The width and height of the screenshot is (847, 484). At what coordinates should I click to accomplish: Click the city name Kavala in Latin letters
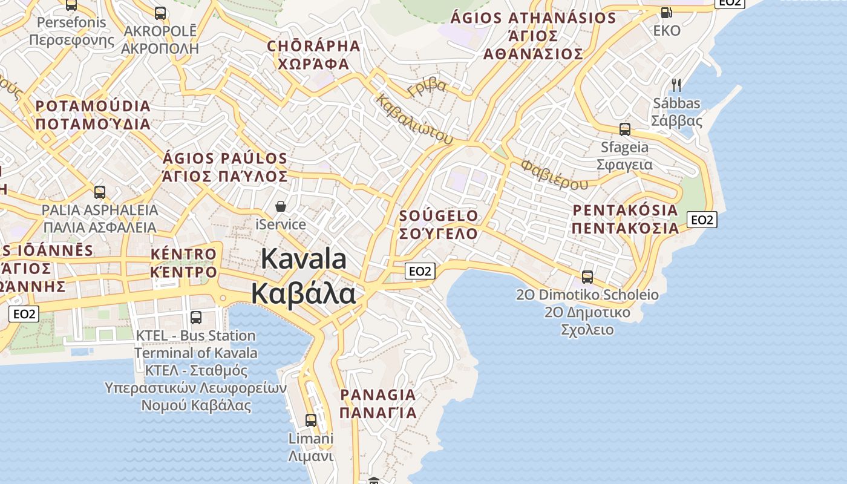point(304,259)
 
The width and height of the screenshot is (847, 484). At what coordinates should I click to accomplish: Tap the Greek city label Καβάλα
point(304,294)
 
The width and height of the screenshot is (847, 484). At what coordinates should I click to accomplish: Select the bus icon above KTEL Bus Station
point(195,317)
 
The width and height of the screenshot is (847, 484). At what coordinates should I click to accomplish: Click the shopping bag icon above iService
point(281,206)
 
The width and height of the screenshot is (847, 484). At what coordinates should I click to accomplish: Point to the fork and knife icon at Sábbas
point(676,85)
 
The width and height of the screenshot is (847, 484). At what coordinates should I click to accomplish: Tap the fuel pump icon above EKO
point(666,11)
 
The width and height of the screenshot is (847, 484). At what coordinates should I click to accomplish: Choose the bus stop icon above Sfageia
point(624,129)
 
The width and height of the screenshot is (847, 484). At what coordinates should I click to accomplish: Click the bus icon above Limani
point(310,420)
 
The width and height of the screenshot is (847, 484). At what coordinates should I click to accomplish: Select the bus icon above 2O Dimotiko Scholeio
point(587,277)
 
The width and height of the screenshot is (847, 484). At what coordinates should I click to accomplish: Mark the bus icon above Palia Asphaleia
point(100,192)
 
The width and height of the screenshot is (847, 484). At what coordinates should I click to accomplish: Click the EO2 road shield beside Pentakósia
point(702,220)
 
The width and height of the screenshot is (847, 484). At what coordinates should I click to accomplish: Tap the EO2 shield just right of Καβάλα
point(419,271)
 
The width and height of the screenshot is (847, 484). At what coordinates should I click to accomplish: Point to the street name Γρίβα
point(427,88)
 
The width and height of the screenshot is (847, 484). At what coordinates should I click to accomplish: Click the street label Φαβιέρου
point(554,174)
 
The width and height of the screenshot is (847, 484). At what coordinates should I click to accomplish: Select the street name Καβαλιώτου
point(414,119)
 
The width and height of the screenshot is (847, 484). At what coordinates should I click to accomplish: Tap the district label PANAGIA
point(378,395)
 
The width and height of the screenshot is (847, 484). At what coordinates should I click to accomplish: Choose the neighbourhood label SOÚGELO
point(439,216)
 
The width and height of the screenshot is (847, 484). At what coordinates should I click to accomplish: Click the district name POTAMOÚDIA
point(93,106)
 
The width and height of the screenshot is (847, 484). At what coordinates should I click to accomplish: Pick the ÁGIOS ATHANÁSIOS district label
point(533,18)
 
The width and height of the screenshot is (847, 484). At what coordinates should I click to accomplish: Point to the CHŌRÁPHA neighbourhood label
point(313,46)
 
